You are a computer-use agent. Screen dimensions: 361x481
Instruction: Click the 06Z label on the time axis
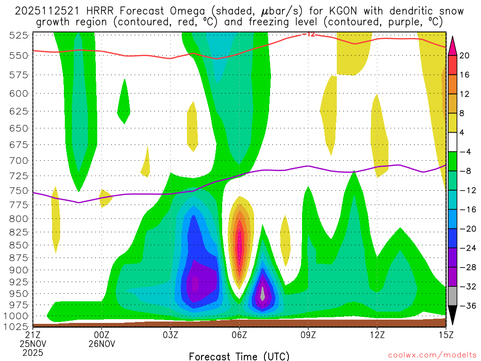239,335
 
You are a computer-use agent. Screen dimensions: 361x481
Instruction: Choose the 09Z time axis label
308,335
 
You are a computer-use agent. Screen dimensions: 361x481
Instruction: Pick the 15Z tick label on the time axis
445,335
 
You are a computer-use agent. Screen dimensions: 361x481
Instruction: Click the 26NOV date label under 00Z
102,344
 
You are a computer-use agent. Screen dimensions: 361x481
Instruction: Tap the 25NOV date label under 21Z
33,344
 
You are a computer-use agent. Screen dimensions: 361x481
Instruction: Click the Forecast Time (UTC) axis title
239,356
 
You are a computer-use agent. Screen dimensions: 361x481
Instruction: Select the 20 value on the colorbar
465,55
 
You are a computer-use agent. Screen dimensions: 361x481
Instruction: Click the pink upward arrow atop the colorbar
453,45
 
